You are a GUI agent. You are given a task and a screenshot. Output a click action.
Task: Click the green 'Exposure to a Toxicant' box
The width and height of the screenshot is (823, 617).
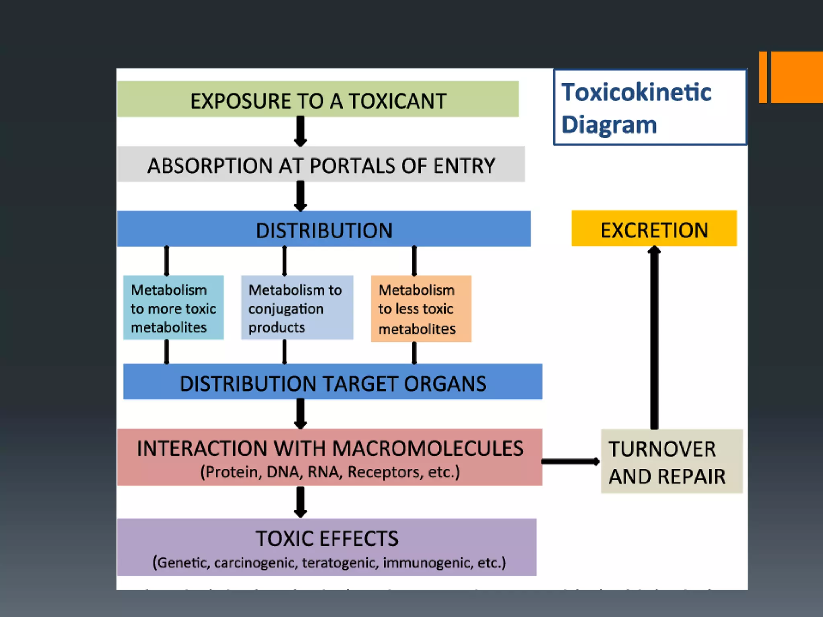pyautogui.click(x=317, y=99)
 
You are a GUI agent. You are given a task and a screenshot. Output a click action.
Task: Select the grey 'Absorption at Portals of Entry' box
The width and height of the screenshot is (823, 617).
pyautogui.click(x=321, y=164)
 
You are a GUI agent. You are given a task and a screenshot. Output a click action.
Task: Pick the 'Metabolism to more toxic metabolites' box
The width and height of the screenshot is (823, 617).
pyautogui.click(x=173, y=308)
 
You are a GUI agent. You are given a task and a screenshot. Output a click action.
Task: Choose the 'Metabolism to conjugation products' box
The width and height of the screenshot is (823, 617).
pyautogui.click(x=297, y=308)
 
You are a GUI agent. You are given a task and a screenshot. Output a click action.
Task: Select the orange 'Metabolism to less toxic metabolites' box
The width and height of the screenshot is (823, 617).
pyautogui.click(x=421, y=308)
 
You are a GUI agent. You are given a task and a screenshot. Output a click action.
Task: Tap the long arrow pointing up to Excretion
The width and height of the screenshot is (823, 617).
pyautogui.click(x=654, y=337)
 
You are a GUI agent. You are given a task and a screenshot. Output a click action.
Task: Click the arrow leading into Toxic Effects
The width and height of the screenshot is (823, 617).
pyautogui.click(x=300, y=502)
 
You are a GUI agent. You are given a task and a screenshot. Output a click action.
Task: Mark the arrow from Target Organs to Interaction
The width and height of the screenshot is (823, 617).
pyautogui.click(x=300, y=414)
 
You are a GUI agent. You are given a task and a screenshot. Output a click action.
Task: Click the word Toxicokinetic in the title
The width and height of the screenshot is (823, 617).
pyautogui.click(x=636, y=92)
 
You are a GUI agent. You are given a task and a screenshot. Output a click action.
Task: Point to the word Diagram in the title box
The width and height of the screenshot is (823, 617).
pyautogui.click(x=609, y=125)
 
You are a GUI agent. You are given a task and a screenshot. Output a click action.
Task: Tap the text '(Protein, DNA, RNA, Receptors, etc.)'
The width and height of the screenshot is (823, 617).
pyautogui.click(x=330, y=472)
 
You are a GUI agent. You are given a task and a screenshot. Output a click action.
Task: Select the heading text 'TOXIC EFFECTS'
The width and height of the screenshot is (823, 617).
pyautogui.click(x=327, y=539)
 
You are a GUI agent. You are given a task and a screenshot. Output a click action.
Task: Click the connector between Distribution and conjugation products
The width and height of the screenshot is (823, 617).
pyautogui.click(x=285, y=261)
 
